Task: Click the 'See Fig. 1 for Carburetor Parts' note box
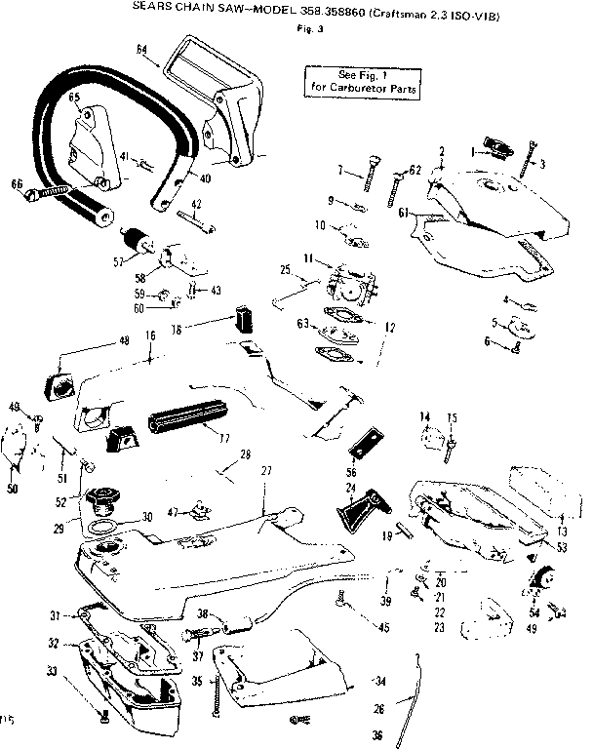click(364, 81)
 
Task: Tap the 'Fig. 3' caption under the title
click(305, 26)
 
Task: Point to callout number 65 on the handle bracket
click(73, 98)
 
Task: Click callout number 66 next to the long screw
click(17, 182)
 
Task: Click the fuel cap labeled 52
click(102, 504)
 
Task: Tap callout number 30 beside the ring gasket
click(148, 517)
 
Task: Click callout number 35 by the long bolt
click(196, 681)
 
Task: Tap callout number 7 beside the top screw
click(340, 170)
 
